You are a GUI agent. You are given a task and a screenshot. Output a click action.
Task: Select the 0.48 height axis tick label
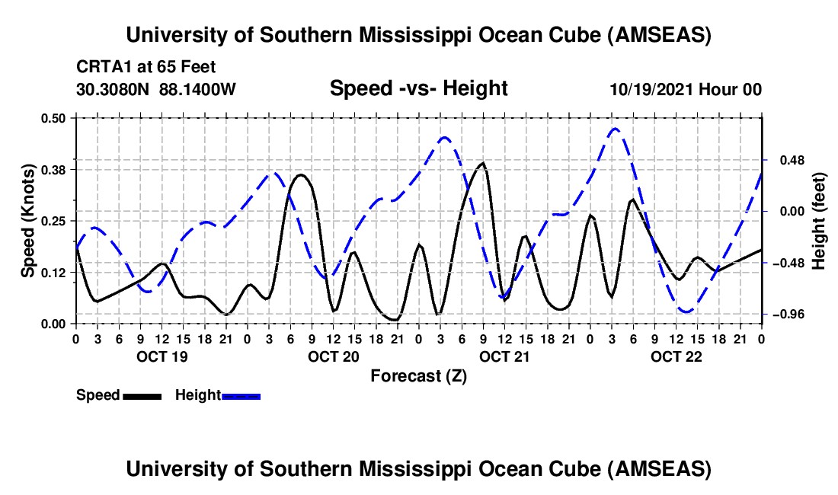[x=787, y=161]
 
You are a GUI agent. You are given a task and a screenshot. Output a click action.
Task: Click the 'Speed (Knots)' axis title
[x=28, y=220]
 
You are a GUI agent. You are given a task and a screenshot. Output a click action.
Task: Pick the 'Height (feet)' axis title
[x=819, y=222]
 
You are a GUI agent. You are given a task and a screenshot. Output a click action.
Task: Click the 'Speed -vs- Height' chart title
[x=418, y=88]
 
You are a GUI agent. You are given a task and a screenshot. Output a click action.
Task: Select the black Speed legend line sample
[x=142, y=395]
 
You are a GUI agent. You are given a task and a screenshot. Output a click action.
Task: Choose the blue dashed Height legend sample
[x=241, y=395]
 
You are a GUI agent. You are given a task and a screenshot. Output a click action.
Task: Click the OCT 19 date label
[x=161, y=356]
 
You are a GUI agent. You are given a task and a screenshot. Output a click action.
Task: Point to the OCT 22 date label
[x=676, y=356]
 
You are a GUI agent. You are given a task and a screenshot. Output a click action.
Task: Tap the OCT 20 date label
[x=332, y=356]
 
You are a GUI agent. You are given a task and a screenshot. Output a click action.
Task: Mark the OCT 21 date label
[x=504, y=356]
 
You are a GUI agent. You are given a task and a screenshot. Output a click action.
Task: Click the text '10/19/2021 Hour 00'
[x=686, y=89]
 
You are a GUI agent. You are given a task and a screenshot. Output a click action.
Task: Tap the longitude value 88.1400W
[x=198, y=89]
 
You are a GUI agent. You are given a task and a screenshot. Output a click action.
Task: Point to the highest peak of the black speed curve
[x=482, y=163]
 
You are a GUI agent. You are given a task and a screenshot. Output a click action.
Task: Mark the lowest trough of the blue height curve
[x=686, y=311]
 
